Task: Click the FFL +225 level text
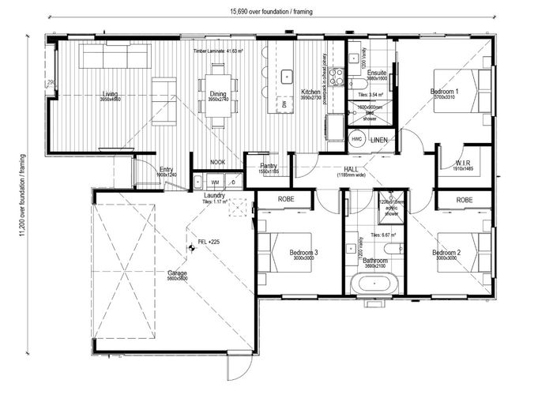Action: coord(209,241)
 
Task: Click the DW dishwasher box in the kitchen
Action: coord(284,103)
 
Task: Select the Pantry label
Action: coord(269,165)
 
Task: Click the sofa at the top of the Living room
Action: coord(116,57)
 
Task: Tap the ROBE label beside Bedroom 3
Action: coord(285,200)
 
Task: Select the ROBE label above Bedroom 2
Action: coord(464,200)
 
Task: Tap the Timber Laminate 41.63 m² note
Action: coord(218,51)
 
